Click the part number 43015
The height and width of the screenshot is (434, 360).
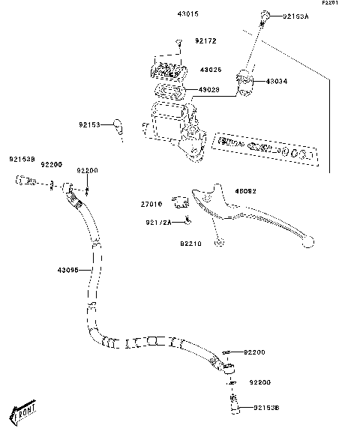click(x=187, y=15)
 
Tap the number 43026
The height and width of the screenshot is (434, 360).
click(x=210, y=70)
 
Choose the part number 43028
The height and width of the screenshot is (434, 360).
click(x=209, y=91)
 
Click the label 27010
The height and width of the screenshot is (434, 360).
click(x=151, y=204)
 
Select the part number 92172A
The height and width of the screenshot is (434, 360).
click(x=159, y=222)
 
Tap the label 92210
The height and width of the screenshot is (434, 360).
click(x=190, y=244)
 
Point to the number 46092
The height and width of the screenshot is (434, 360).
click(x=246, y=191)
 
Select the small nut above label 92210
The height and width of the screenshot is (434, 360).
click(x=218, y=242)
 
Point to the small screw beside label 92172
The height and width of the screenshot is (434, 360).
click(x=178, y=43)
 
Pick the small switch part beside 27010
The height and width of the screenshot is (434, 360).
click(x=178, y=201)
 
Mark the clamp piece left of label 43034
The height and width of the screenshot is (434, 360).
click(x=244, y=79)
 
